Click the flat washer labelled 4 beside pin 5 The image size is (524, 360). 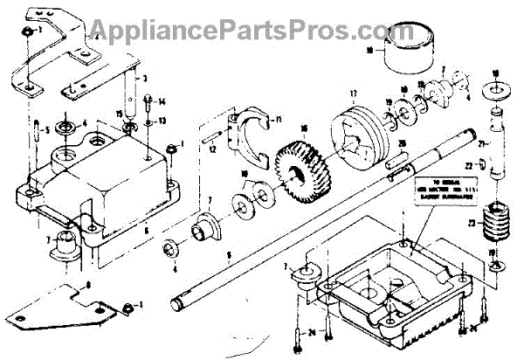pyautogui.click(x=64, y=129)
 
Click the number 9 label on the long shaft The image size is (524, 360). pyautogui.click(x=228, y=256)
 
